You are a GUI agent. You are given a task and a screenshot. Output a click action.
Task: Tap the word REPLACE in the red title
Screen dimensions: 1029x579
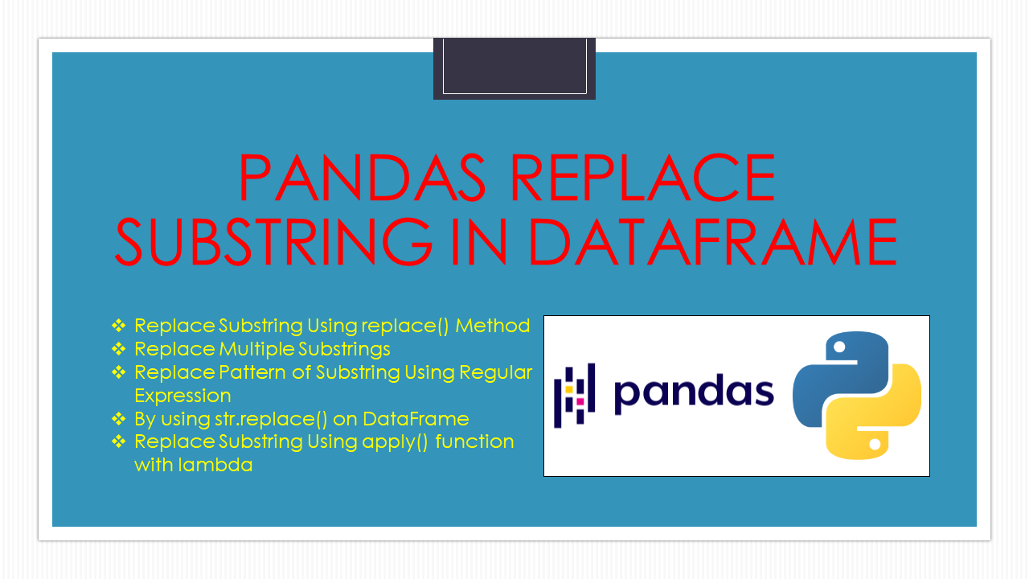click(x=643, y=178)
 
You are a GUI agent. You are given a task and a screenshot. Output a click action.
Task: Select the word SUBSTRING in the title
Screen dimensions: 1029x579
click(x=273, y=242)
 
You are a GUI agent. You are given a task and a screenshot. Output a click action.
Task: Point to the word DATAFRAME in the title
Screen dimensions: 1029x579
click(x=713, y=242)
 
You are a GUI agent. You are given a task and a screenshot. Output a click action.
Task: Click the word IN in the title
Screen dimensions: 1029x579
click(x=479, y=242)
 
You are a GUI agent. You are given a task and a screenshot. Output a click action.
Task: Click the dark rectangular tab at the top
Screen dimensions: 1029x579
click(x=514, y=68)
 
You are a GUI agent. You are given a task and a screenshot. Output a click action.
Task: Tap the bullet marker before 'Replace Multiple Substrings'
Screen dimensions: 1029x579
click(x=118, y=349)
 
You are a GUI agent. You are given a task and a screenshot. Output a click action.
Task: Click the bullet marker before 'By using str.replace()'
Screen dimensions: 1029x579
click(x=118, y=419)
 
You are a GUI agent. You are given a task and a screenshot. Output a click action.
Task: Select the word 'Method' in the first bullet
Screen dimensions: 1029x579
click(x=493, y=326)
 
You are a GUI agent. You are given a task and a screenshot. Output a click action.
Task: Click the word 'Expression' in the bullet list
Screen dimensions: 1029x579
click(x=182, y=396)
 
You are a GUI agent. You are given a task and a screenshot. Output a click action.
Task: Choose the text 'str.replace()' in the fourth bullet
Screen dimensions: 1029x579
click(x=271, y=419)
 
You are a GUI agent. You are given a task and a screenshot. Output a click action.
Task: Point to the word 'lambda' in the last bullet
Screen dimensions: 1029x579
click(x=215, y=465)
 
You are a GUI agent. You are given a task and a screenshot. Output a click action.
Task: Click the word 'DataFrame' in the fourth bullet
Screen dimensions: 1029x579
click(x=416, y=419)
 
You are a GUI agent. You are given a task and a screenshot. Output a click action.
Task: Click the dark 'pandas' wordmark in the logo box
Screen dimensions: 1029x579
click(x=694, y=393)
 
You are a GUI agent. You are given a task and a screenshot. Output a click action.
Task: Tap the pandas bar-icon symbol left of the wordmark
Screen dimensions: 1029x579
click(x=574, y=395)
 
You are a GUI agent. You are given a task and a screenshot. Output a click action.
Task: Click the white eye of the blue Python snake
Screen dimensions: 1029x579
click(x=839, y=347)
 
